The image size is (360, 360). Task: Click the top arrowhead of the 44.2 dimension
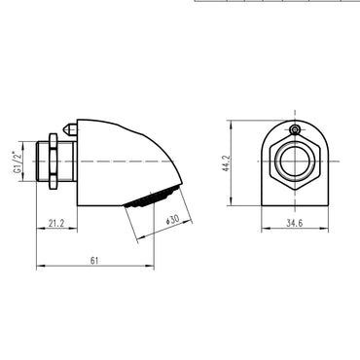(230, 124)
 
